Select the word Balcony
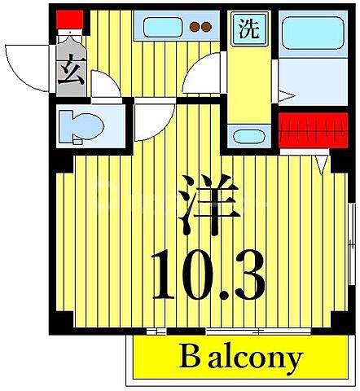click(240, 358)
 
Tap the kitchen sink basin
click(161, 27)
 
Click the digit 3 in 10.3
click(248, 275)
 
